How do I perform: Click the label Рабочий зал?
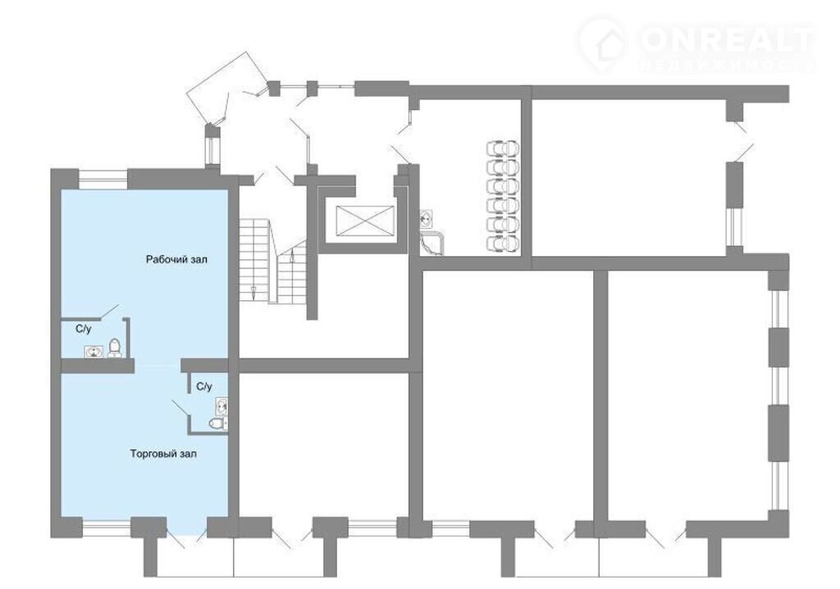(177, 259)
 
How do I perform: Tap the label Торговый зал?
(163, 454)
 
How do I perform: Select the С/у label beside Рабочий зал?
(83, 329)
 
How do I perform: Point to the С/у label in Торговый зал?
(204, 386)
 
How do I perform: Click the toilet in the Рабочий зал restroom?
(114, 348)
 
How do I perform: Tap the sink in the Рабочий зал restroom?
(94, 352)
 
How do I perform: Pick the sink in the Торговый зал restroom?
(221, 406)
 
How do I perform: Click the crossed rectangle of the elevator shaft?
(365, 221)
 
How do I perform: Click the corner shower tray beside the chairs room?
(432, 243)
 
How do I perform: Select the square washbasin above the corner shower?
(427, 217)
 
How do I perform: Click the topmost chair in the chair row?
(503, 148)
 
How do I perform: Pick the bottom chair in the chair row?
(503, 244)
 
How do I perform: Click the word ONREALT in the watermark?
(727, 39)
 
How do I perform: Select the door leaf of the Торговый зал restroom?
(180, 408)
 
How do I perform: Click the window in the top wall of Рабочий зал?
(103, 179)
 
